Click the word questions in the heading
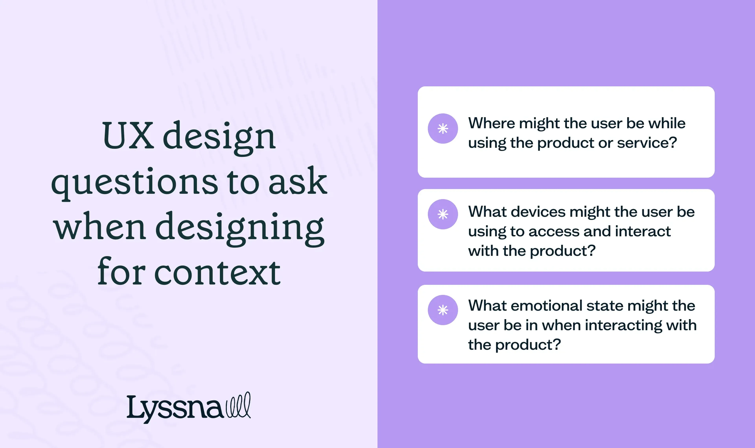pyautogui.click(x=134, y=182)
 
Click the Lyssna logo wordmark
pyautogui.click(x=175, y=408)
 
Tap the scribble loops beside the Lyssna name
pyautogui.click(x=238, y=405)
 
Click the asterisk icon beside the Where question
pyautogui.click(x=443, y=129)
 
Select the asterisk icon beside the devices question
pyautogui.click(x=443, y=214)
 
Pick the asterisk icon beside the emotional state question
pyautogui.click(x=443, y=310)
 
